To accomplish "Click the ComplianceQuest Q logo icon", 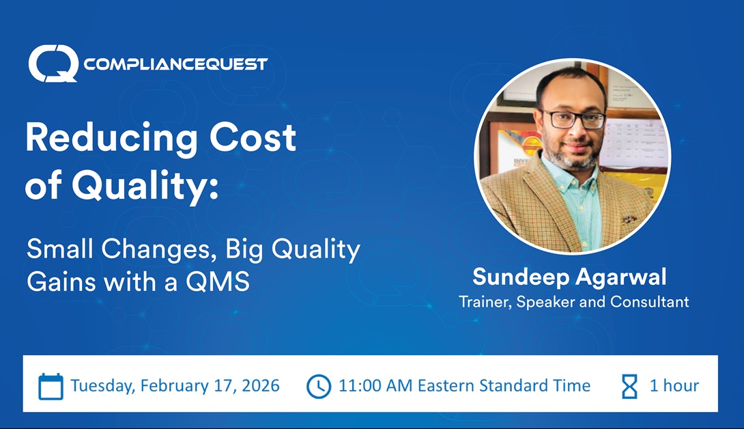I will tap(53, 64).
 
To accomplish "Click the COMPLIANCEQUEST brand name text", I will tap(175, 64).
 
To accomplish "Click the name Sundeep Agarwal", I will tap(569, 277).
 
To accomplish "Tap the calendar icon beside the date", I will tap(51, 386).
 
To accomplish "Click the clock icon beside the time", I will tap(319, 386).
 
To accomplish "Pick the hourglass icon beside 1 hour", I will tap(629, 386).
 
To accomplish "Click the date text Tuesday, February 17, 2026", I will tap(175, 385).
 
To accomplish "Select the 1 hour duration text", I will tap(674, 385).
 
